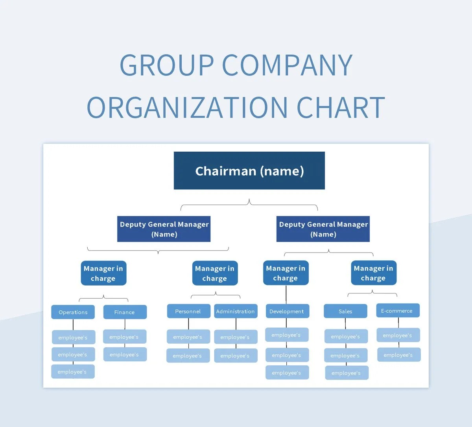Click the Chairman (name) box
click(249, 170)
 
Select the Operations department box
click(73, 312)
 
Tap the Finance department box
click(125, 312)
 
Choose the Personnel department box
click(188, 311)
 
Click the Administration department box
click(236, 311)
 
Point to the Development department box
click(287, 311)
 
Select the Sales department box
click(345, 311)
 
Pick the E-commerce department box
click(398, 310)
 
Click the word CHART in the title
click(341, 108)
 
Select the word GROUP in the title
click(167, 65)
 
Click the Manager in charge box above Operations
click(103, 273)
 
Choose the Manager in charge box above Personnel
click(215, 273)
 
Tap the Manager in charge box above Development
click(286, 273)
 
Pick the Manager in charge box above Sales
click(373, 273)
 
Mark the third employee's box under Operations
click(73, 372)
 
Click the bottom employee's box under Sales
click(347, 373)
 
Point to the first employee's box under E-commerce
click(398, 335)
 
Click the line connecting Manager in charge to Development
click(286, 294)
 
